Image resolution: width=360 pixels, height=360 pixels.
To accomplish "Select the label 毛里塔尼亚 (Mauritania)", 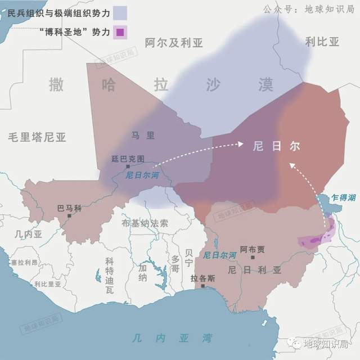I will [x=37, y=136].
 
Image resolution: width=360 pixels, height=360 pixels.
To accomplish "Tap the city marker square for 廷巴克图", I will [x=128, y=166].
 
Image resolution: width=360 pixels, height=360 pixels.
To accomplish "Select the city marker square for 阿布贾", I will [x=253, y=258].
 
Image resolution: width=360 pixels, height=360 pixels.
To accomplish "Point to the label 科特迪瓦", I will [x=109, y=275].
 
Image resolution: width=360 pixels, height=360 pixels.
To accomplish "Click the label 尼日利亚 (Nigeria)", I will [x=254, y=270].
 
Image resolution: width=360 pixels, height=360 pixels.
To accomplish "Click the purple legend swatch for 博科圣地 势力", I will [x=120, y=32].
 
